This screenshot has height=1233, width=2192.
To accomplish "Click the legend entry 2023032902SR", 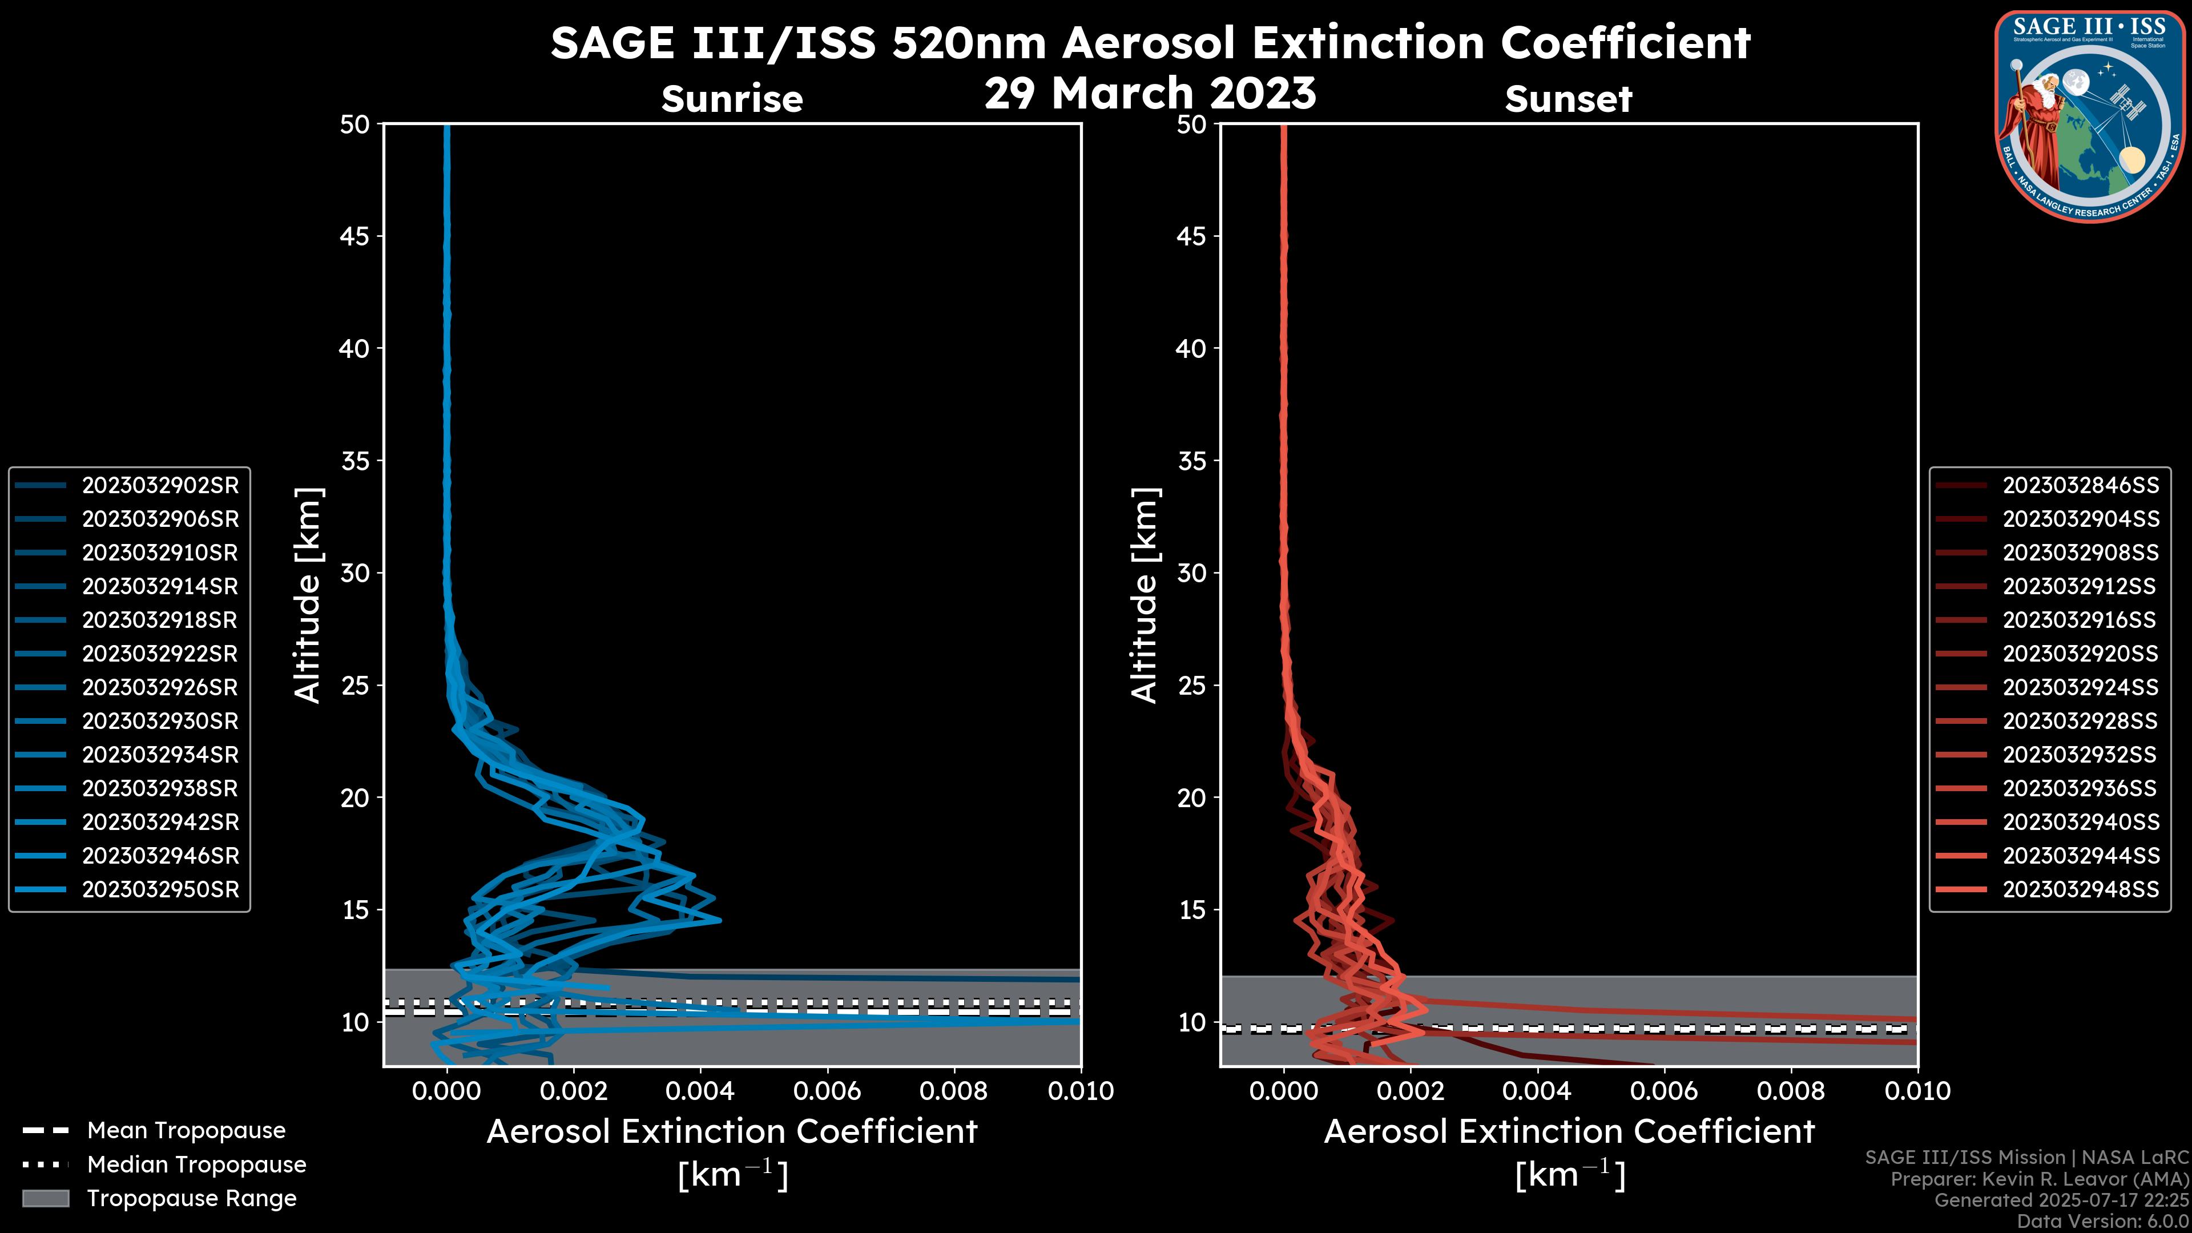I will point(160,485).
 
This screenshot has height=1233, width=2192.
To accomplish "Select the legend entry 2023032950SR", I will point(160,889).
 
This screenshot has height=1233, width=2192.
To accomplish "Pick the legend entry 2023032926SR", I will point(160,687).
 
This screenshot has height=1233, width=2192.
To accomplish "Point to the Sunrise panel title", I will point(732,99).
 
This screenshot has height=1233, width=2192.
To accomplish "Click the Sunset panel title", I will point(1568,99).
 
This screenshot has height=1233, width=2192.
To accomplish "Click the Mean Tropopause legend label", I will point(186,1131).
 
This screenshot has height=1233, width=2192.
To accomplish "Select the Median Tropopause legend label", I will point(196,1165).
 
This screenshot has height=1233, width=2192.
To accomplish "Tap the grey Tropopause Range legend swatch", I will point(45,1199).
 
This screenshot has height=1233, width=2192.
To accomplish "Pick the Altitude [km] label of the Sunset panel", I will point(1145,595).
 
